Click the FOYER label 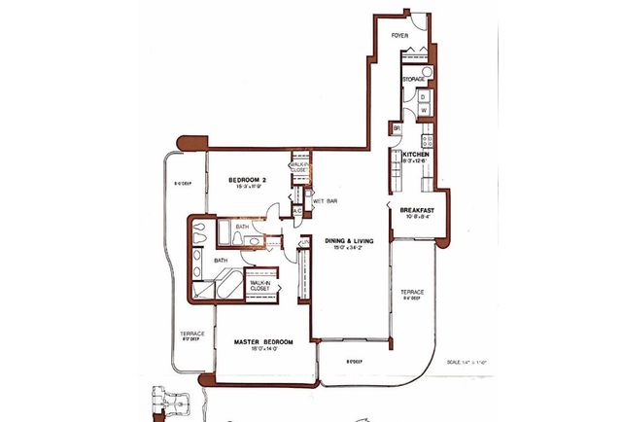pos(398,35)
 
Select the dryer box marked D pos(424,97)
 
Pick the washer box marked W pos(424,111)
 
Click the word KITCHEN pos(417,154)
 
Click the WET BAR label pos(326,201)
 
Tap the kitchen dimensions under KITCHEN pos(417,161)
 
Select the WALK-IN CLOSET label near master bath pos(259,285)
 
